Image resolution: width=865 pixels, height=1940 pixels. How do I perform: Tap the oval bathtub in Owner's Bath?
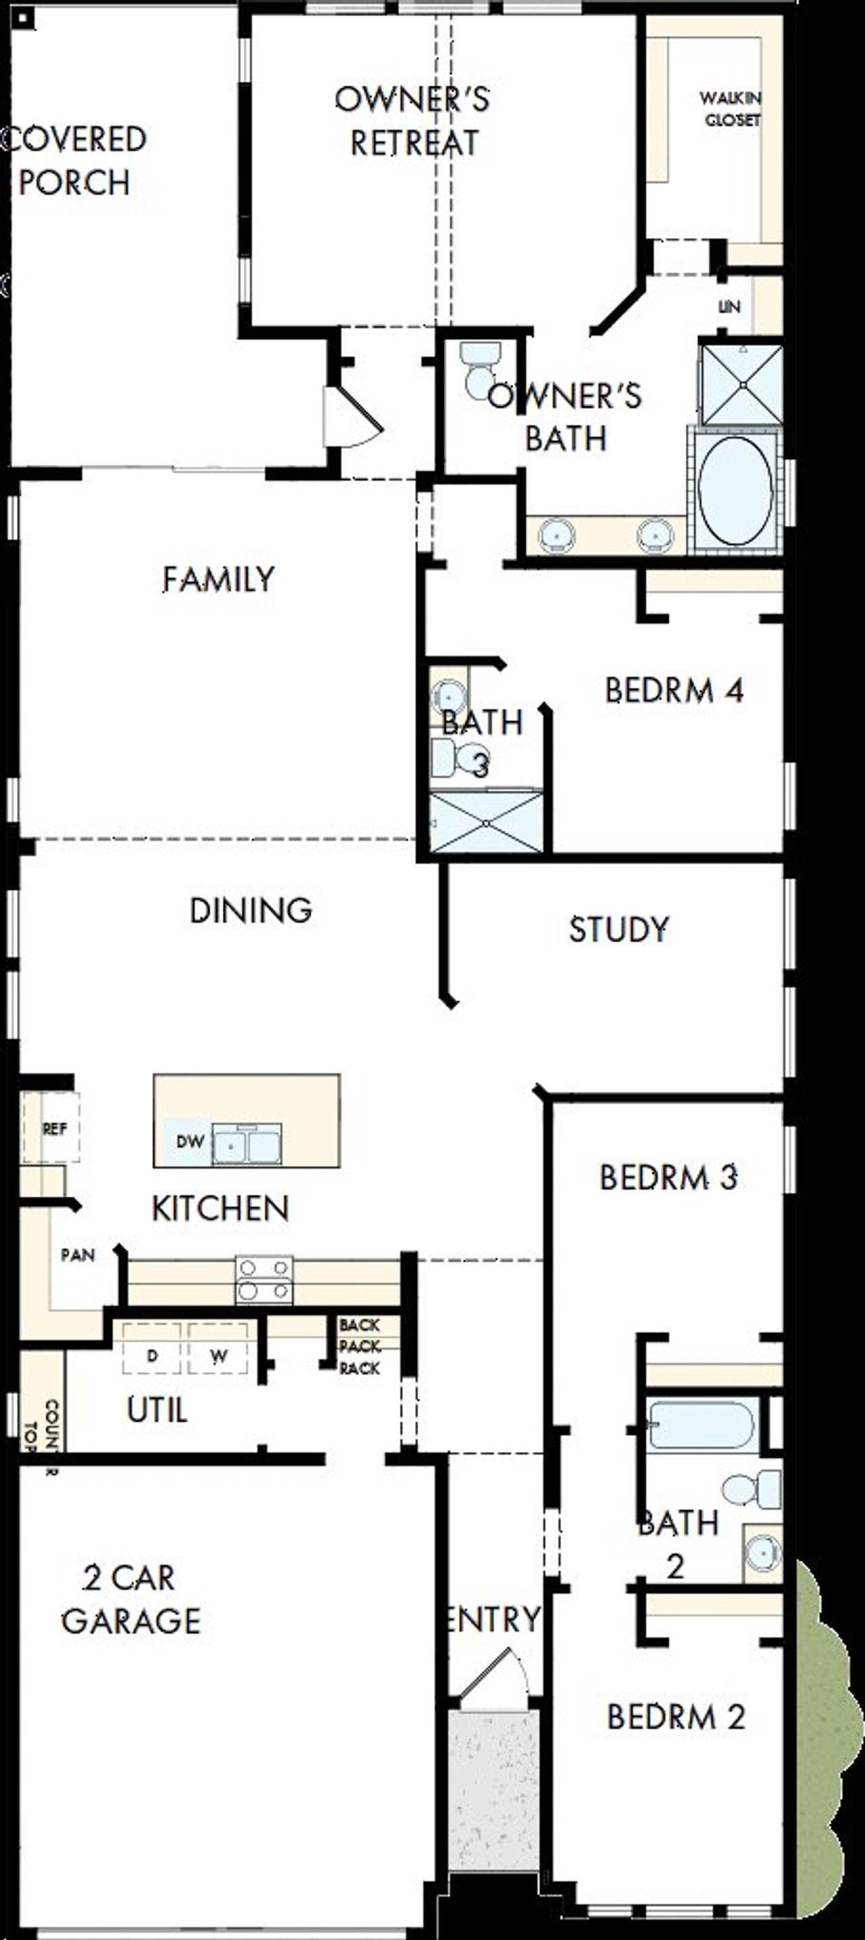[x=735, y=490]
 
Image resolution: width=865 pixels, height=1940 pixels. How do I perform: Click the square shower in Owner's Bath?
[x=742, y=385]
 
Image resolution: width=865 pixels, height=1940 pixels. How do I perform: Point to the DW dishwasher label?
[x=190, y=1142]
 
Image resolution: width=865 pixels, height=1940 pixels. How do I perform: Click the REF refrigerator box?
[x=53, y=1128]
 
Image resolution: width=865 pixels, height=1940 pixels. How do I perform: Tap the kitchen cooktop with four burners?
[x=264, y=1280]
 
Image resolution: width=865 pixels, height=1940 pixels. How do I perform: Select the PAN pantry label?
[x=78, y=1255]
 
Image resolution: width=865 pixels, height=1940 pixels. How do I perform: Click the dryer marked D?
[x=152, y=1357]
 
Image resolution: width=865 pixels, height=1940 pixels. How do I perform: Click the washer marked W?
[x=218, y=1357]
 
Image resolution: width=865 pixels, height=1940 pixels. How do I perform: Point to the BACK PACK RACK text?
[x=359, y=1347]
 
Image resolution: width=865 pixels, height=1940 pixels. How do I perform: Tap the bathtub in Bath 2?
[x=700, y=1425]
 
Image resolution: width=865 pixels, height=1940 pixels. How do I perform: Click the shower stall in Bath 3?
[x=487, y=823]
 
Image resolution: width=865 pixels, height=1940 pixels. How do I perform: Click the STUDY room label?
[x=618, y=929]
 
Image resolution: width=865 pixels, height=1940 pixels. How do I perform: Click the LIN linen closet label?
[x=728, y=306]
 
